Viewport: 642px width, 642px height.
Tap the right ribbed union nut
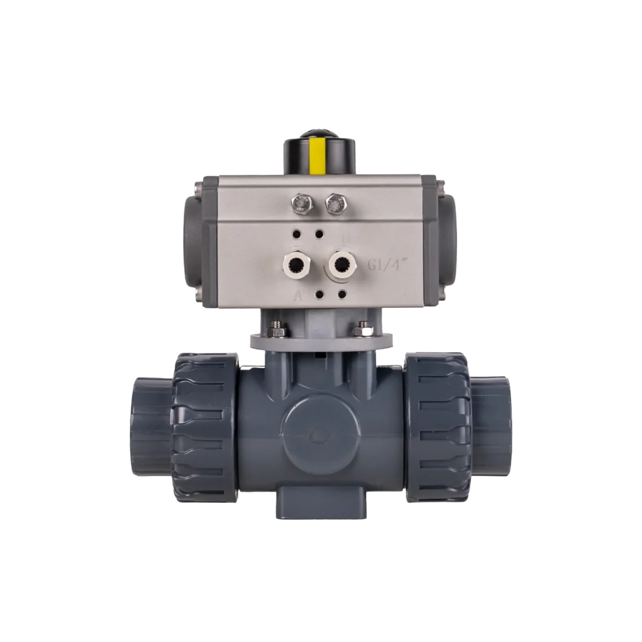(436, 426)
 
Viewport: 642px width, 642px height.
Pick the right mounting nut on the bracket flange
(362, 329)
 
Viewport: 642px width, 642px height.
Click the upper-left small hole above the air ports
(296, 234)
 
